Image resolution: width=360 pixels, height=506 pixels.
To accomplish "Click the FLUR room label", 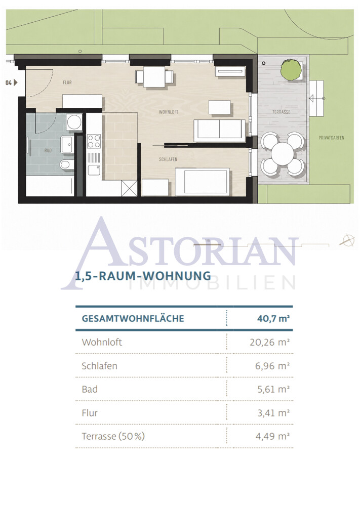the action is tap(67, 82).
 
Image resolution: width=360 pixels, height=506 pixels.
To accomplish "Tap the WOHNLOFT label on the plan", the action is tap(169, 112).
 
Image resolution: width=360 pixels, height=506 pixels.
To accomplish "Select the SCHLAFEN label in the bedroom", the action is tap(168, 159).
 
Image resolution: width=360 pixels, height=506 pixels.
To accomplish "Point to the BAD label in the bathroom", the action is tap(48, 151).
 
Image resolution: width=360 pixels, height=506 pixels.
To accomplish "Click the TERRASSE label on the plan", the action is tap(281, 112).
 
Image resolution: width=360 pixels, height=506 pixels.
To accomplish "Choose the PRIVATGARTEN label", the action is tap(331, 138).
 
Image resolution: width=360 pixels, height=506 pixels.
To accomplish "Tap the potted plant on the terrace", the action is tap(291, 69).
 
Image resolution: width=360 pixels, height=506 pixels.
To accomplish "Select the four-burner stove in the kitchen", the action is tap(94, 141).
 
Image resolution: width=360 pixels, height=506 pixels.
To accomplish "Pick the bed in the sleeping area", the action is tap(203, 182).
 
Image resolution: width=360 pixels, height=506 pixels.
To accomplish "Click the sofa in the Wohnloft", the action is tap(219, 131).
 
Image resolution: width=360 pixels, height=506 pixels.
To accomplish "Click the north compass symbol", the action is tap(347, 240).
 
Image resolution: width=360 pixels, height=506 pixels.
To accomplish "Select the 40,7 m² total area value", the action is tap(273, 318).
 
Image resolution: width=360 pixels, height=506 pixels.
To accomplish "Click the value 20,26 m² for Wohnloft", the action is tap(269, 342).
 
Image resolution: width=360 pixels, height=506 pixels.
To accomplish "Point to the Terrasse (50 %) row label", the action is tap(113, 436).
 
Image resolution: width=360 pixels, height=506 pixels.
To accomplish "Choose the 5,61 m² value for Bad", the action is tap(273, 389).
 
